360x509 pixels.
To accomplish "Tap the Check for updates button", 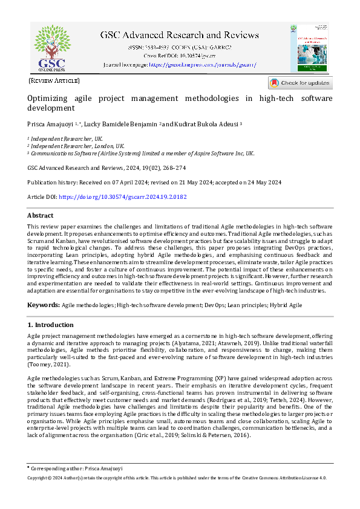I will (300, 83).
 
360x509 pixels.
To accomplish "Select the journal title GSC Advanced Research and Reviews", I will (179, 34).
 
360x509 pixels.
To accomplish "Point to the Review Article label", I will (54, 80).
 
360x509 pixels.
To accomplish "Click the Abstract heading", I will (41, 216).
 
